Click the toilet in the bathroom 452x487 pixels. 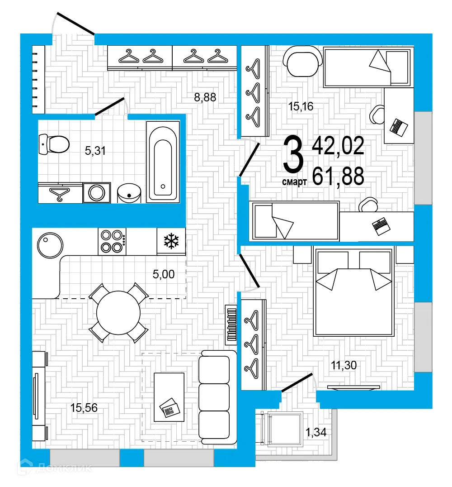coord(54,144)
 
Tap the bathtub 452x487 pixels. coord(163,163)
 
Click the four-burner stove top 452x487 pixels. coord(112,241)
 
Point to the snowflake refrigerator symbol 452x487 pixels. coord(171,241)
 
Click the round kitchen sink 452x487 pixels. coord(47,245)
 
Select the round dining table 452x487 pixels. coord(118,313)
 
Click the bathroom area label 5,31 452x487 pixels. coord(95,150)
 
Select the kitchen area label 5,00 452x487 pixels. coord(163,273)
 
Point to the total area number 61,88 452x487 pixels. coord(338,177)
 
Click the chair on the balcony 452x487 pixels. coord(285,429)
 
